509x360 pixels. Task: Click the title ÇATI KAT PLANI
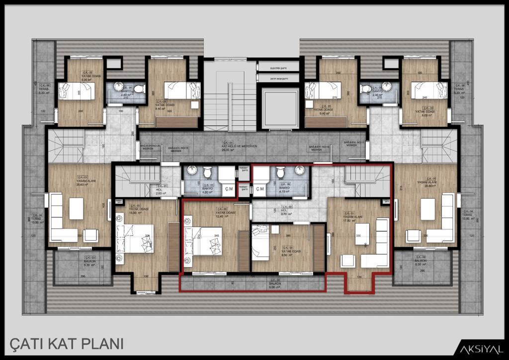point(66,344)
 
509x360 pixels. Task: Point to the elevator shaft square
point(278,108)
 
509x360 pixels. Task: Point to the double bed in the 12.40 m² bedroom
point(204,242)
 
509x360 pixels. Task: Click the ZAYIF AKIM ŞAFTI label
point(278,78)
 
